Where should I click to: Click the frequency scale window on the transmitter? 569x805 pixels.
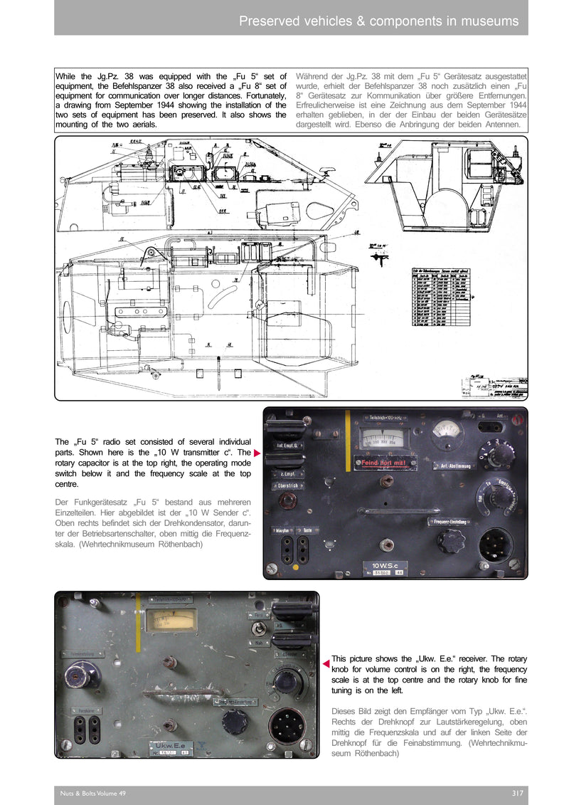[x=387, y=436]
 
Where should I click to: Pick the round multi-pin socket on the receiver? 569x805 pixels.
[x=287, y=728]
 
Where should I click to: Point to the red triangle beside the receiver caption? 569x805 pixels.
[x=326, y=664]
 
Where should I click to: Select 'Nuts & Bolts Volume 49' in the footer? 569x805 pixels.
[x=93, y=794]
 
